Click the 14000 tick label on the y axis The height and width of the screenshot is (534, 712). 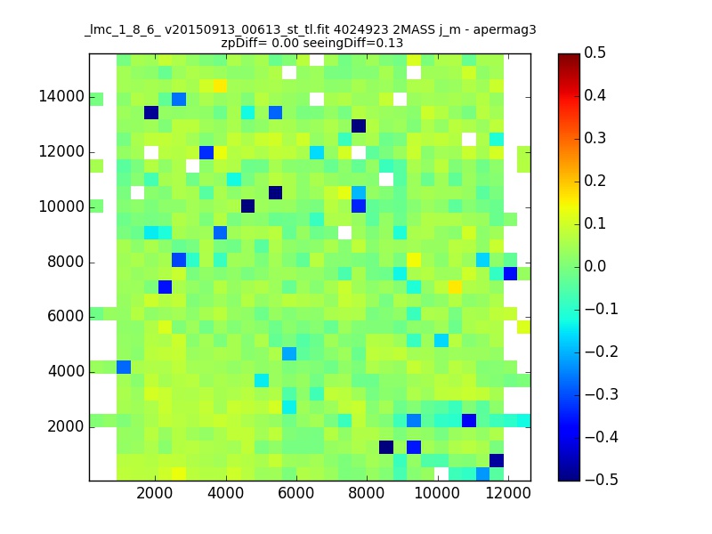click(61, 97)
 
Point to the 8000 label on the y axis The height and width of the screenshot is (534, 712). click(65, 262)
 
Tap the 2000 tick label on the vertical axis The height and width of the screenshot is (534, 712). click(65, 427)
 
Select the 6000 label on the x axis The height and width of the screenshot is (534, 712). click(296, 493)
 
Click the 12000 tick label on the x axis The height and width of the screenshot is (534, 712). click(508, 493)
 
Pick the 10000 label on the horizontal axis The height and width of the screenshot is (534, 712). click(437, 493)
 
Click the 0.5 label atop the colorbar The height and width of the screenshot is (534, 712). click(595, 53)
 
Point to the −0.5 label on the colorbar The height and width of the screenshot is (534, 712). click(602, 480)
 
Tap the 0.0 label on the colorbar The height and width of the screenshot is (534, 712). click(595, 266)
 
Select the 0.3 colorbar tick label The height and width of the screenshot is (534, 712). click(595, 138)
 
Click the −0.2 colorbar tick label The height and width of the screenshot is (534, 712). click(602, 352)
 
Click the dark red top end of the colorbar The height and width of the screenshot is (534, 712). click(569, 56)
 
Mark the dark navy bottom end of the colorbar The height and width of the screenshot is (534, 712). click(569, 478)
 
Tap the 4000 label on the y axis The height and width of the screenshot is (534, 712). click(65, 372)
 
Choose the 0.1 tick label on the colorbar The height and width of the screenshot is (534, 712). click(595, 223)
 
